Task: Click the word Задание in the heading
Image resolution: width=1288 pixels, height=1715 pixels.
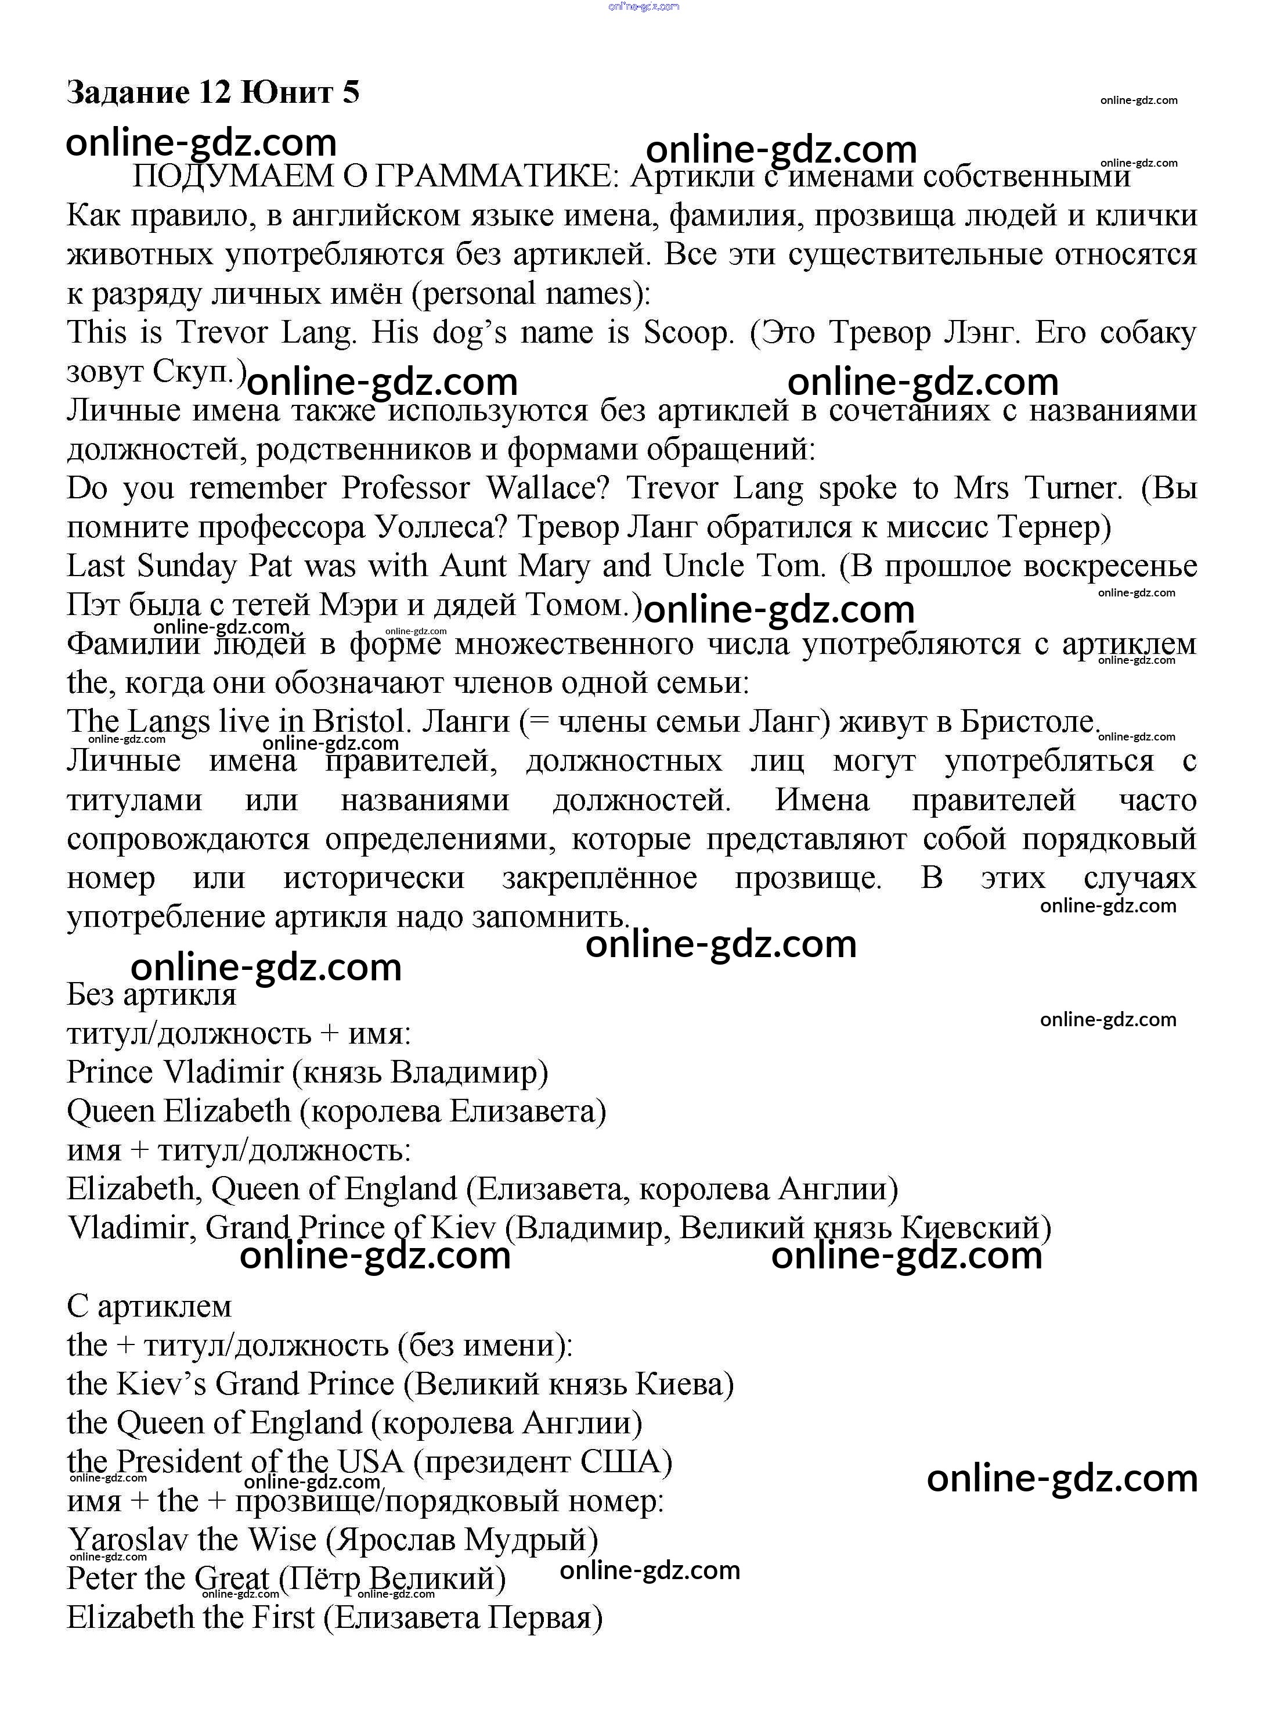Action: (127, 92)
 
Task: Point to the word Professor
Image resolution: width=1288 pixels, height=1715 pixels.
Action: (406, 488)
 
